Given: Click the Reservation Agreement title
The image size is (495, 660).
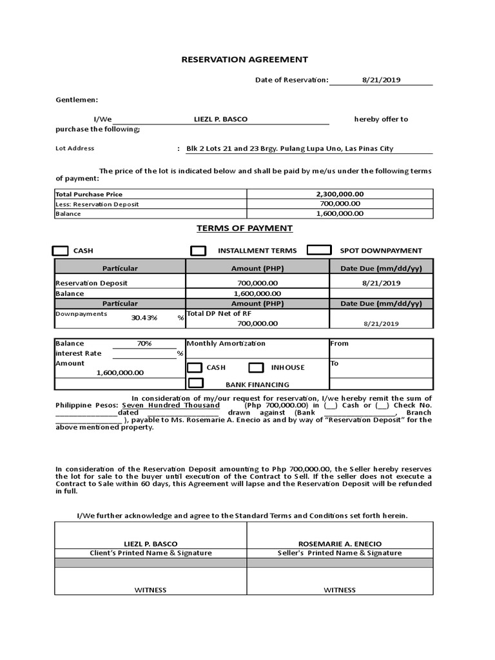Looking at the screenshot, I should point(244,59).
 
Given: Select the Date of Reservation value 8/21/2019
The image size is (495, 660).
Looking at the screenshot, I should point(381,80).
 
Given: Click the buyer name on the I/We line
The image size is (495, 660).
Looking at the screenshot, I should point(220,119).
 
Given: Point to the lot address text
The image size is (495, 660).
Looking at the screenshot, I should point(289,148).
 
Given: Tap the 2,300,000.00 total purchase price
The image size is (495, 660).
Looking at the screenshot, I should point(340,194).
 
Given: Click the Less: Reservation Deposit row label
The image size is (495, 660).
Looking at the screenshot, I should point(97,204).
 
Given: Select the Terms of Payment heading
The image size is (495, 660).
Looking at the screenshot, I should point(244,228).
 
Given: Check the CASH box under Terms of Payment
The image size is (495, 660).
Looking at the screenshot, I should point(60,251).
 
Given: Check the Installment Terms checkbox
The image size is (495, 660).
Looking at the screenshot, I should point(199,251).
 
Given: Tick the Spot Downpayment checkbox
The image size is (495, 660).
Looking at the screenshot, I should point(319,250).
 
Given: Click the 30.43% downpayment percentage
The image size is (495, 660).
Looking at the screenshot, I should point(144,318).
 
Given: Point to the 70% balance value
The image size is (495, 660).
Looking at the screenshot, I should point(144,344).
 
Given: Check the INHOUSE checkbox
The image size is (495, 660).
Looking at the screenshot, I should point(256,367).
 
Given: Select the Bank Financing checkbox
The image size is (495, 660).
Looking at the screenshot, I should point(195,383).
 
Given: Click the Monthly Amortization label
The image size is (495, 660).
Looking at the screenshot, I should point(226,344).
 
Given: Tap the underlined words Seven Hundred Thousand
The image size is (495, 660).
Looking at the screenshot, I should point(171,405).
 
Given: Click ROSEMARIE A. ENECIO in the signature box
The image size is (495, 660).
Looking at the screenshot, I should point(339,544).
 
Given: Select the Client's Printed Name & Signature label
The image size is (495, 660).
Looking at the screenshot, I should point(150,553).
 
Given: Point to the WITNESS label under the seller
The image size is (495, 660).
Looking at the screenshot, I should point(339,590).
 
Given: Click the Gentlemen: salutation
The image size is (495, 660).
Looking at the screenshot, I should point(77,100).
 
